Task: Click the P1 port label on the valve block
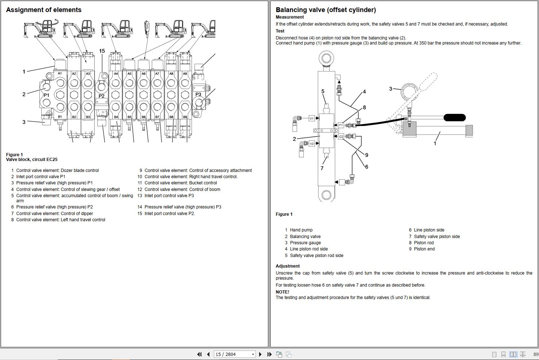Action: (46, 95)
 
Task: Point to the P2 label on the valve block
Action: (101, 96)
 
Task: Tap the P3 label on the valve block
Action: (198, 94)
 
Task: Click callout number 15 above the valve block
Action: (102, 51)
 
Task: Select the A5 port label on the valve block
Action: (130, 73)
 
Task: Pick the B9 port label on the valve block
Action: (185, 117)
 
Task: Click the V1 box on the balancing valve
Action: (312, 118)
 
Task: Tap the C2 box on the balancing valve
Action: (341, 137)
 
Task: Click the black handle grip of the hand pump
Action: (455, 118)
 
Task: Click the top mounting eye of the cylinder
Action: (326, 58)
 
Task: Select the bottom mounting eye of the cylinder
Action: (326, 195)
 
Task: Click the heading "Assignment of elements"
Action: (43, 9)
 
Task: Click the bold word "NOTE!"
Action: (282, 292)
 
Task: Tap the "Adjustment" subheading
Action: (288, 266)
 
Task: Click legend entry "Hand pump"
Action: (301, 230)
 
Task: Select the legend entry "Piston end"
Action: (424, 249)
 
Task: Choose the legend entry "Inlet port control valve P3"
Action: (169, 196)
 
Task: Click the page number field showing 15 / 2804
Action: (234, 354)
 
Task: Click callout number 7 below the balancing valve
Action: (322, 168)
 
